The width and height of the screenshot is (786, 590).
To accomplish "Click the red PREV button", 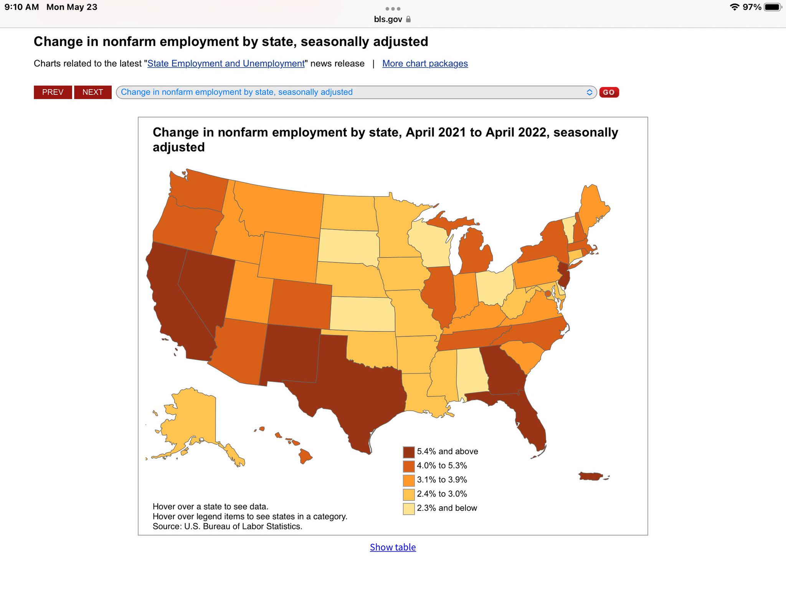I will [53, 92].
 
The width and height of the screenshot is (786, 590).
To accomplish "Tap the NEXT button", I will [92, 92].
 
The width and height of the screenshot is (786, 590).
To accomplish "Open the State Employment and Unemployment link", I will [226, 63].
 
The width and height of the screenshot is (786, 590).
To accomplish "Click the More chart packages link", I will [425, 63].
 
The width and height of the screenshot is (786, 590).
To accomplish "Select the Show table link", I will [393, 547].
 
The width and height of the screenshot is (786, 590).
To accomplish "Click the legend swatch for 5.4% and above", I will [409, 452].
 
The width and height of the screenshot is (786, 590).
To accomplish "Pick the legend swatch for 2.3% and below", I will [409, 509].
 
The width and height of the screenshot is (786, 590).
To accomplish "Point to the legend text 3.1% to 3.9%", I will [442, 480].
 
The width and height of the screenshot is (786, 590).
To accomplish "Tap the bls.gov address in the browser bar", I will [388, 19].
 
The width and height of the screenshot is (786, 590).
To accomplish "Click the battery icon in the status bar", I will [772, 7].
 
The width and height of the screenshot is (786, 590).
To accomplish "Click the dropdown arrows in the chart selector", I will [589, 92].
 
